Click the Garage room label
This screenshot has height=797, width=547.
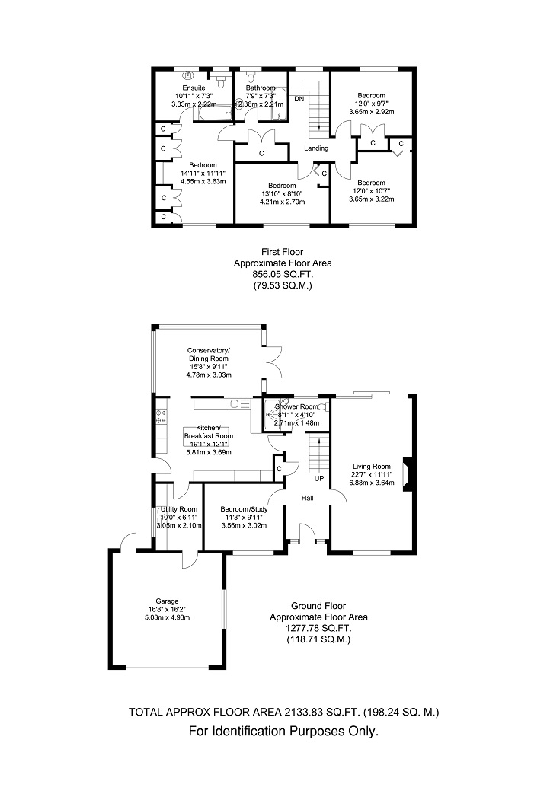click(x=167, y=601)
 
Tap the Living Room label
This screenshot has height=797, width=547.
click(x=372, y=467)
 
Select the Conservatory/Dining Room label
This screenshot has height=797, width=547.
click(x=209, y=354)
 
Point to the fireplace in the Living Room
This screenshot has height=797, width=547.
click(x=407, y=475)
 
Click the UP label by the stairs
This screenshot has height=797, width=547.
click(x=319, y=479)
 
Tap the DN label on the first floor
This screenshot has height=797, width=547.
click(x=299, y=99)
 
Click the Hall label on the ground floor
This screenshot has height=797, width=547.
click(x=307, y=498)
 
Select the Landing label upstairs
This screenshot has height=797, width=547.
click(x=316, y=148)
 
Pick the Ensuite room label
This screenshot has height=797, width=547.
click(x=194, y=88)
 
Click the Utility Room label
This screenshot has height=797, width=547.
click(x=178, y=509)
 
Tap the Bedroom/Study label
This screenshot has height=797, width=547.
click(x=244, y=509)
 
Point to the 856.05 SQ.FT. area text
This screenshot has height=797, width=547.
click(x=283, y=275)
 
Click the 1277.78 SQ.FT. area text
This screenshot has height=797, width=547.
click(x=318, y=628)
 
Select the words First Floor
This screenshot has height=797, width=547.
click(x=282, y=252)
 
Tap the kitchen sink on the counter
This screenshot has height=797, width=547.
click(x=239, y=404)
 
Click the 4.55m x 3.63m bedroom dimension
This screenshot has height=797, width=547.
click(x=203, y=181)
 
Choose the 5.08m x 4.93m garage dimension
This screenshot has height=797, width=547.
click(x=167, y=617)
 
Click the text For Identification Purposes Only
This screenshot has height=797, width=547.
click(x=283, y=732)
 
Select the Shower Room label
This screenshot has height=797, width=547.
click(x=296, y=406)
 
